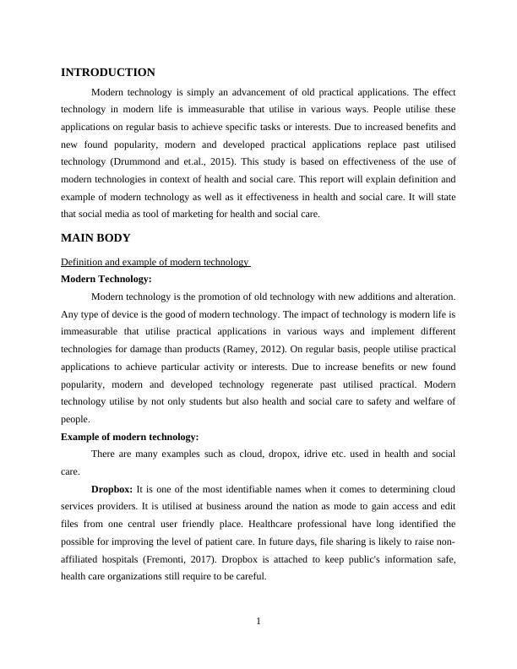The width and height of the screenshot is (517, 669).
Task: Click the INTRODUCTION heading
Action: [108, 73]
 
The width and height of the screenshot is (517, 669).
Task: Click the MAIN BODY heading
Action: [95, 238]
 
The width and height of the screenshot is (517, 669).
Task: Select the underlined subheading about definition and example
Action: [156, 263]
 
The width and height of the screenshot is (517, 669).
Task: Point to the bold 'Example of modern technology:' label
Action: [130, 437]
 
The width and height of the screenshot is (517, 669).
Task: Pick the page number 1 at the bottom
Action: [258, 623]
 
